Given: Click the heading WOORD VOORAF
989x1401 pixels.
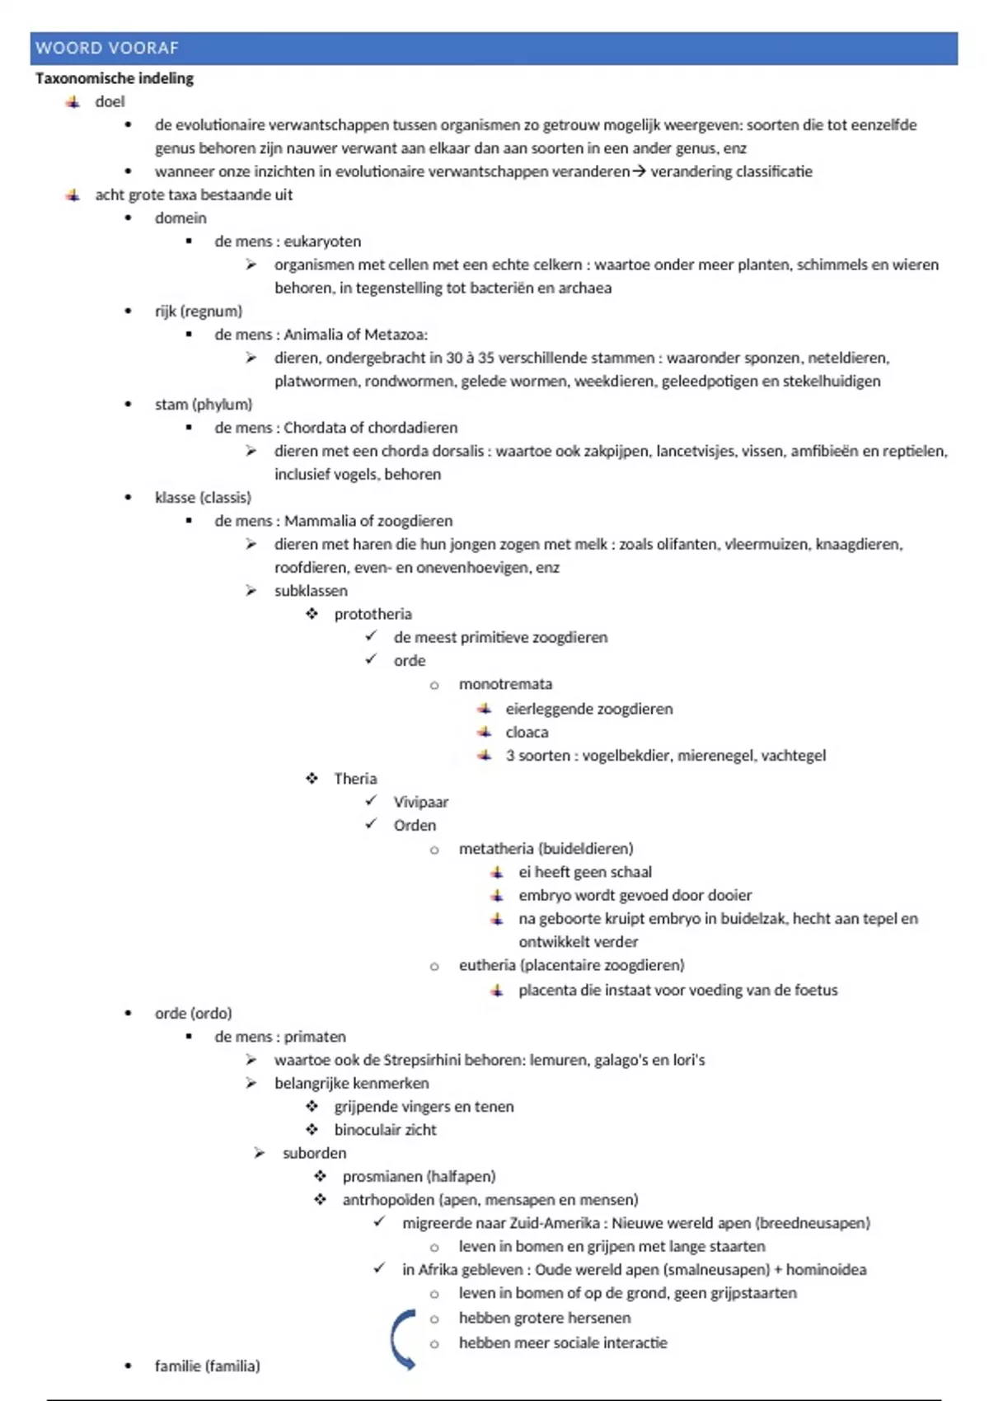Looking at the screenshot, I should click(107, 48).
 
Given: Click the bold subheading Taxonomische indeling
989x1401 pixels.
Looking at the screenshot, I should click(115, 78).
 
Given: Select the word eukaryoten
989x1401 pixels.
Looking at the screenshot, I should click(322, 241).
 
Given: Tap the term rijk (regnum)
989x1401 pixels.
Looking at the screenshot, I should click(199, 312).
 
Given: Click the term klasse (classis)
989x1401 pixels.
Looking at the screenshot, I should click(203, 498).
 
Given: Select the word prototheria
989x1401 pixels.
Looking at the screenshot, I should click(373, 614).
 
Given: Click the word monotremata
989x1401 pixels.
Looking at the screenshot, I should click(505, 684).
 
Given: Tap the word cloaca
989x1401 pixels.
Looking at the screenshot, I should click(527, 732).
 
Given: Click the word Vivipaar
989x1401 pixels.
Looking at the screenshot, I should click(420, 802).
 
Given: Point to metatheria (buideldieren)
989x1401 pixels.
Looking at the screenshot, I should click(546, 849).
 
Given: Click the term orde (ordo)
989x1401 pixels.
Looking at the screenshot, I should click(194, 1013).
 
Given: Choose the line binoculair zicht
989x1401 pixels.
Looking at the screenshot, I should click(385, 1130).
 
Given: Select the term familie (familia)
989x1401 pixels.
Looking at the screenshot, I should click(207, 1366).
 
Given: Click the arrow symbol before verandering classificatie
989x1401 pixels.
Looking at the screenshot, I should click(639, 171).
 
